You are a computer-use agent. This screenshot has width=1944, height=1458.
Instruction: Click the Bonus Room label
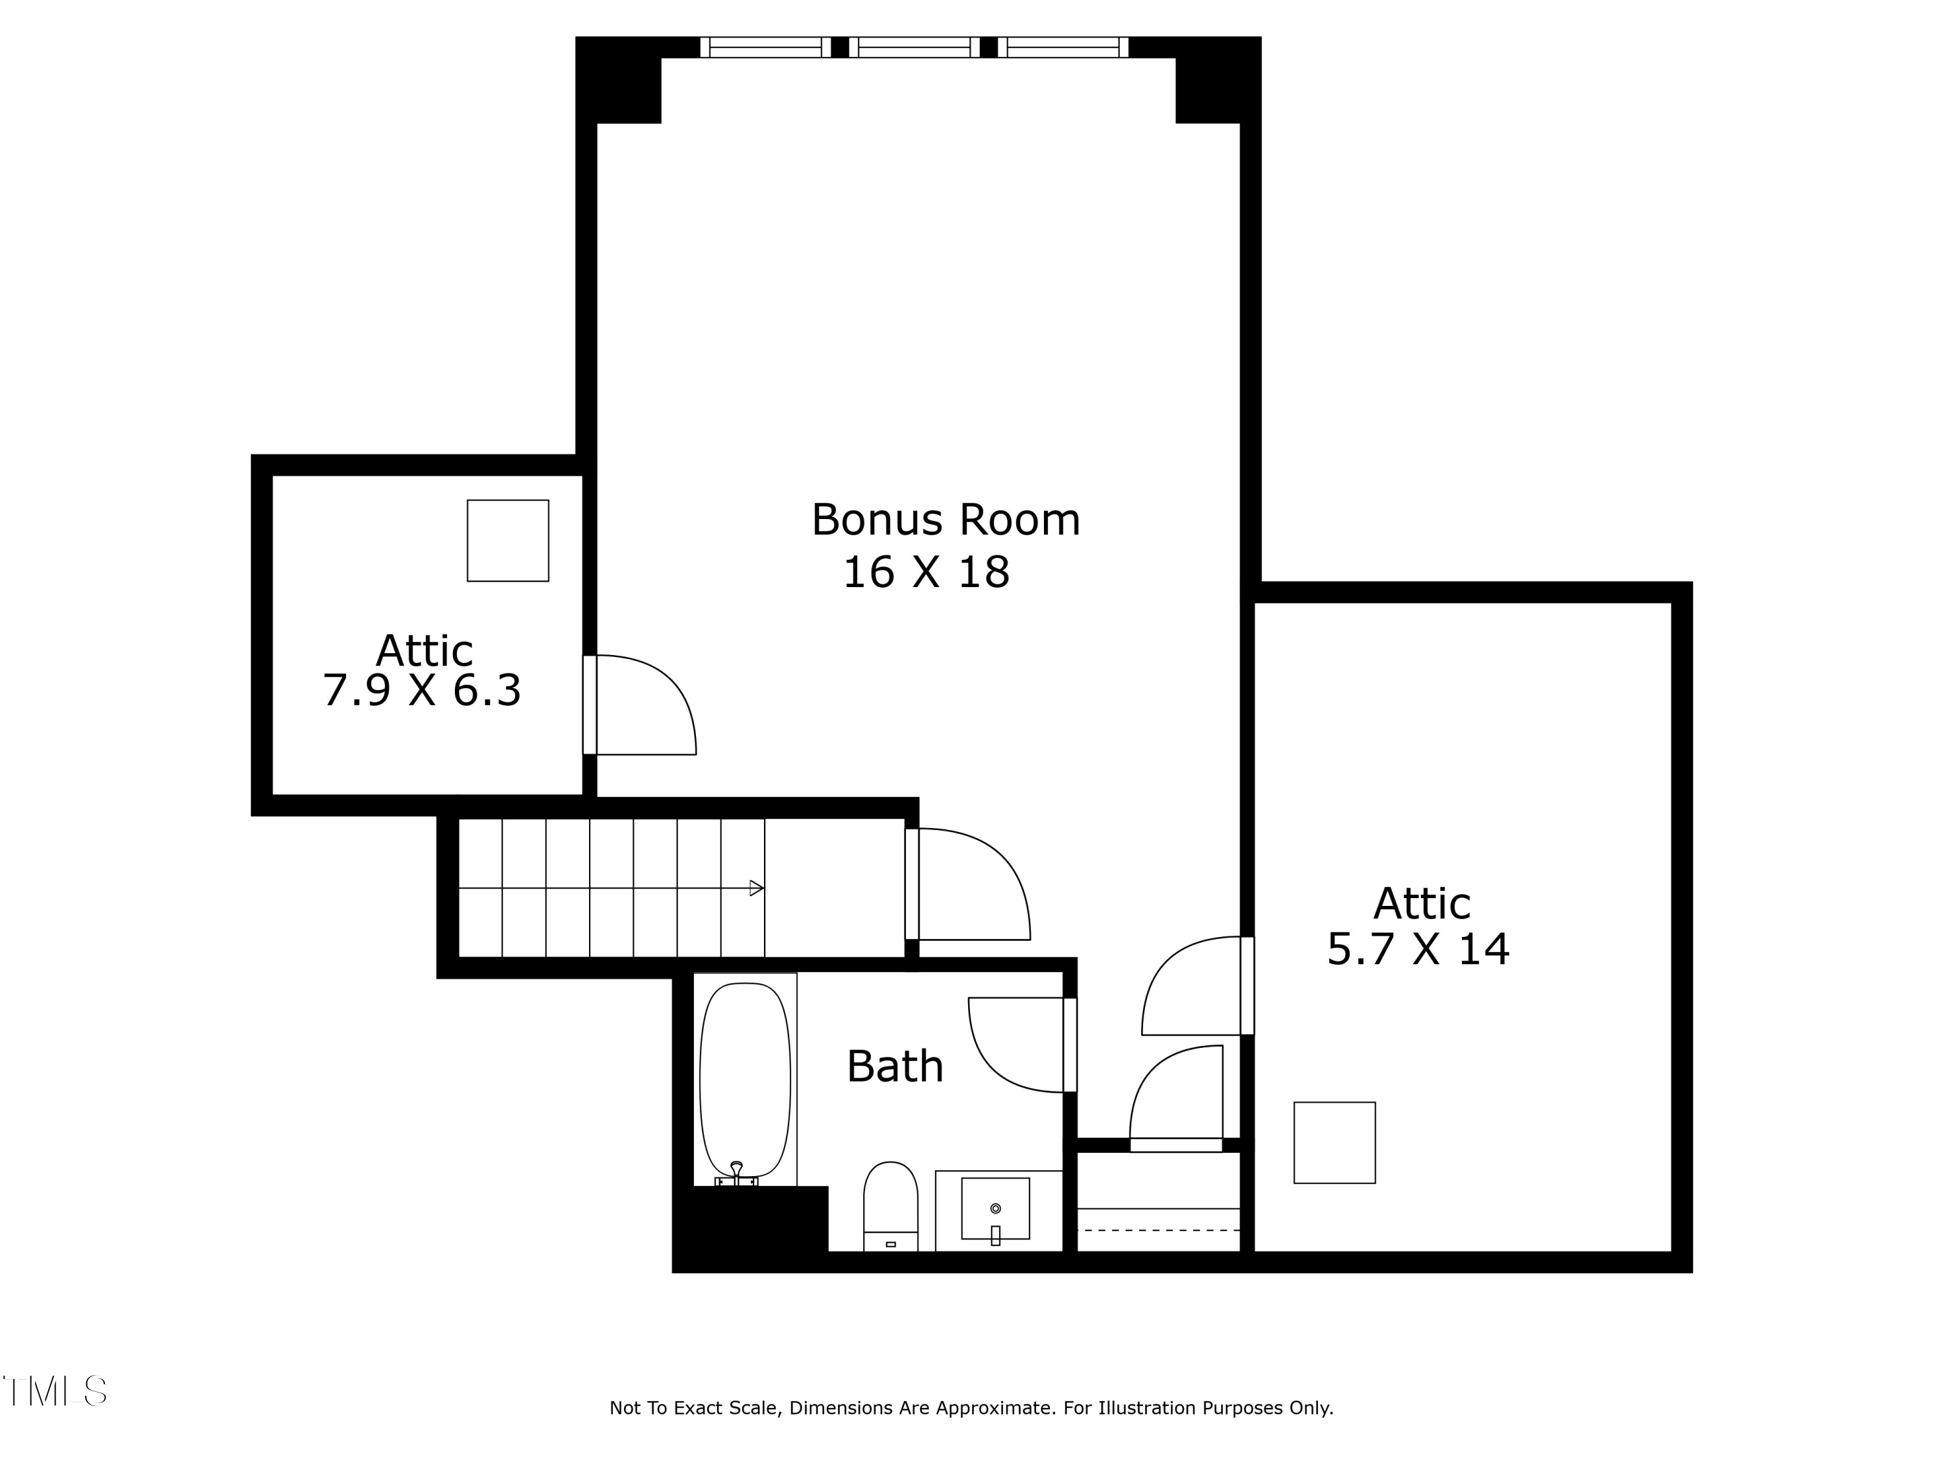945,520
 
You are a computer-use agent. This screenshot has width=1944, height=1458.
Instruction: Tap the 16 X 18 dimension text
925,573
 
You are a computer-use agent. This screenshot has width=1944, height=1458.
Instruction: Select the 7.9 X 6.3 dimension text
422,691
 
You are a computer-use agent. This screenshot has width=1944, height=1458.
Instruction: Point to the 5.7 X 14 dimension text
1418,950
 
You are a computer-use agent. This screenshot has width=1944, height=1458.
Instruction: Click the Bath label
895,1067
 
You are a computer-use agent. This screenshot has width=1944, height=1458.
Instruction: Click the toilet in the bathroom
890,1204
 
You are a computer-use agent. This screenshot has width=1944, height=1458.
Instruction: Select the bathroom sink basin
995,1209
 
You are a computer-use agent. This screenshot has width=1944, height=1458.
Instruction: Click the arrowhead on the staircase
756,888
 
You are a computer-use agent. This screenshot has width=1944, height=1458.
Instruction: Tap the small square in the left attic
508,540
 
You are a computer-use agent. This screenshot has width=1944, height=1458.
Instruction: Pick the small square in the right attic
1334,1142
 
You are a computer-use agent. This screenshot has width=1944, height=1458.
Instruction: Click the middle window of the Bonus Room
914,47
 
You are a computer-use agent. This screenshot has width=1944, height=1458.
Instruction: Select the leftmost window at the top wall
765,47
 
